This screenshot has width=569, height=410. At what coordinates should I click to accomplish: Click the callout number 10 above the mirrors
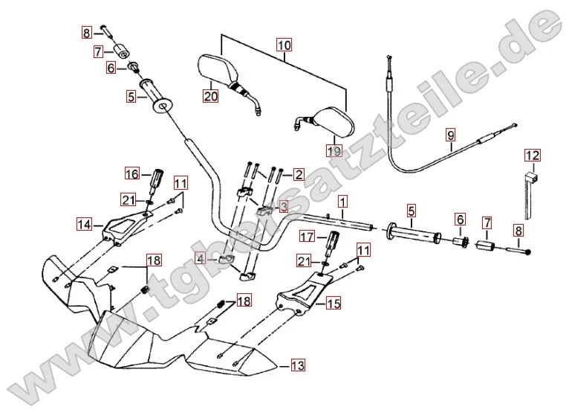283,45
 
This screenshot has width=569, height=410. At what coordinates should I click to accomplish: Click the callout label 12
533,156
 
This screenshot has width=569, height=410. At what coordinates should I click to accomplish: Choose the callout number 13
298,365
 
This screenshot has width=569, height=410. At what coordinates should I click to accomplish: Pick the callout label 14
84,223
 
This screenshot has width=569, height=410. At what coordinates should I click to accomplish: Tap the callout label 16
131,174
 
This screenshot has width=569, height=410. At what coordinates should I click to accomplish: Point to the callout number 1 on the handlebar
342,201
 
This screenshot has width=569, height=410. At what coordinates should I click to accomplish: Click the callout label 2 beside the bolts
299,175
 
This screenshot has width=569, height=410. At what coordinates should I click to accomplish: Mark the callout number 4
200,258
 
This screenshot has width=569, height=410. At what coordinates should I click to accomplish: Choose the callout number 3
283,206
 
